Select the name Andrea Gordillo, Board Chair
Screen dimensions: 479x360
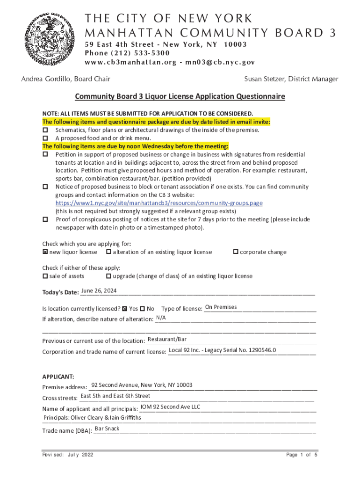click(x=66, y=79)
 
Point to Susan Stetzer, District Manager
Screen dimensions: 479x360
click(x=291, y=79)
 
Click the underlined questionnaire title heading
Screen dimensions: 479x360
click(x=180, y=97)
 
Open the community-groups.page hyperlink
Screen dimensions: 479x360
click(x=159, y=203)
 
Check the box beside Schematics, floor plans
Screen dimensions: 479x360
click(x=45, y=130)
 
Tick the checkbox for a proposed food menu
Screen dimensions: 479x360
click(x=45, y=138)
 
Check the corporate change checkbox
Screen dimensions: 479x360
click(x=236, y=252)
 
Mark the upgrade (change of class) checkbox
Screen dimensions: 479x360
click(x=108, y=276)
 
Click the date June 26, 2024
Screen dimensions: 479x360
click(x=99, y=291)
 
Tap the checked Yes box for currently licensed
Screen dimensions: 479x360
click(x=125, y=309)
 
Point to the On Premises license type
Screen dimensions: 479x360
click(x=221, y=307)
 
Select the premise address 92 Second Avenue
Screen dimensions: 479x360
click(x=142, y=385)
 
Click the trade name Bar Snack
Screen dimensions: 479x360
click(x=107, y=428)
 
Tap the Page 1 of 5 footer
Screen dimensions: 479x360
click(x=302, y=455)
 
